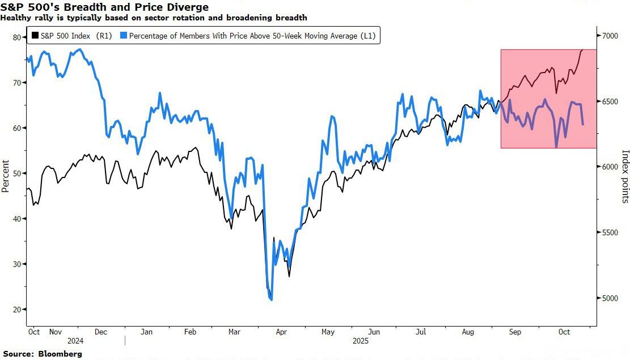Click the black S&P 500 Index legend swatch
pyautogui.click(x=35, y=36)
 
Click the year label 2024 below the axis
pyautogui.click(x=75, y=341)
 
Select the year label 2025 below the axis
pyautogui.click(x=360, y=341)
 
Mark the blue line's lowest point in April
pyautogui.click(x=272, y=299)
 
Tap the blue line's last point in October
pyautogui.click(x=583, y=124)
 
